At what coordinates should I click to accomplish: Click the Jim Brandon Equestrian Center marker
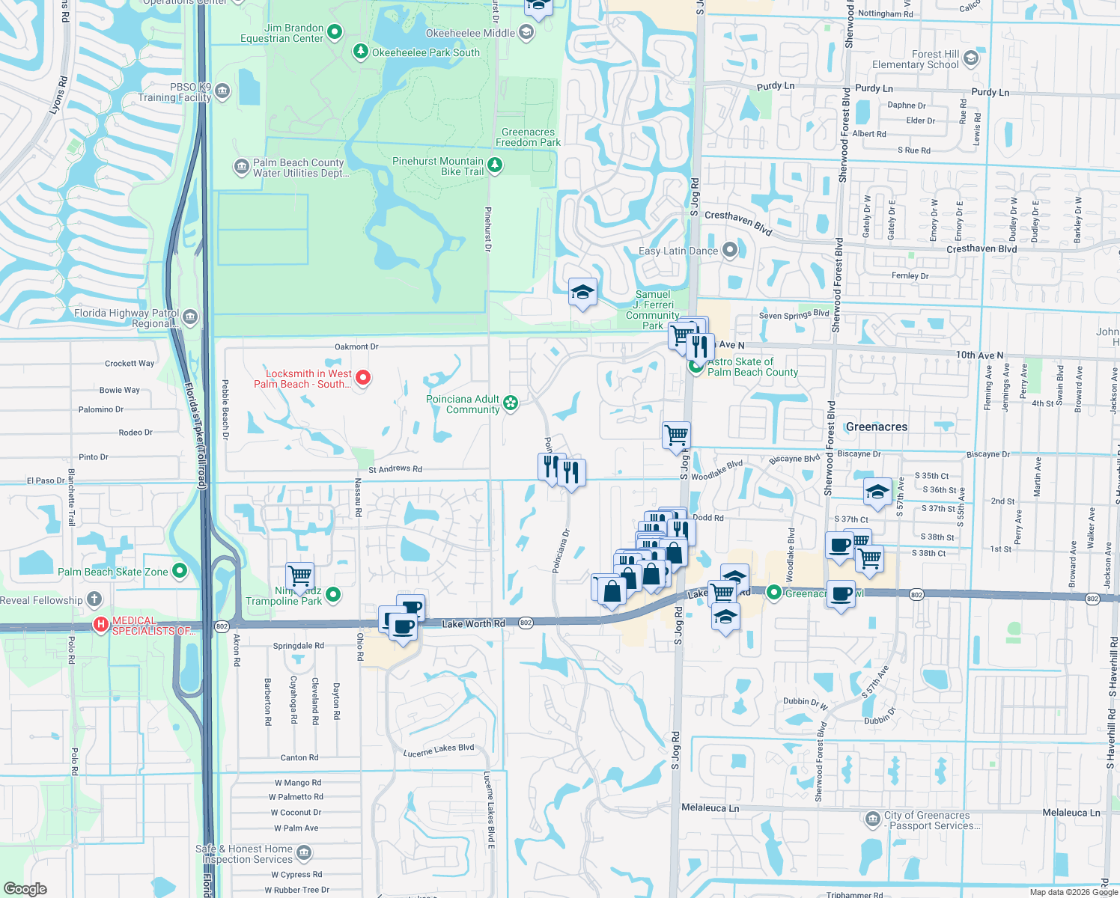click(x=335, y=32)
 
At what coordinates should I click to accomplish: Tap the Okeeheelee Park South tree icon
click(x=361, y=52)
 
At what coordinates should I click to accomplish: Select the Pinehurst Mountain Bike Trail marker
click(x=494, y=165)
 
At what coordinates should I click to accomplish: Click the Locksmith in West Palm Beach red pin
click(x=363, y=377)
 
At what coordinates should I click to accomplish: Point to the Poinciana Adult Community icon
click(x=511, y=403)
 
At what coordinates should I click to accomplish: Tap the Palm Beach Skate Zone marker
click(x=180, y=571)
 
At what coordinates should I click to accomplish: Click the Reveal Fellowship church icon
click(x=94, y=599)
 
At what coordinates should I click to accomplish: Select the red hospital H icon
click(x=100, y=623)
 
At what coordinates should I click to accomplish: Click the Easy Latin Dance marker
click(x=730, y=250)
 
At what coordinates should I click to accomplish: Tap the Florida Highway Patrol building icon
click(x=190, y=317)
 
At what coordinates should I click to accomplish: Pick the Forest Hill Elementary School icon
click(x=971, y=58)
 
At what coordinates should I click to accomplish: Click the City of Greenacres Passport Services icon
click(x=872, y=819)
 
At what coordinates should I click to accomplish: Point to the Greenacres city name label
click(x=876, y=427)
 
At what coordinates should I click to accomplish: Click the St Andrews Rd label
click(x=395, y=469)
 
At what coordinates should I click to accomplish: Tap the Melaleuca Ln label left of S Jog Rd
click(x=710, y=808)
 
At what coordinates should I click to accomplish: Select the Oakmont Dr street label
click(x=356, y=346)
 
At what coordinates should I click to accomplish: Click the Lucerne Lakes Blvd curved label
click(x=439, y=751)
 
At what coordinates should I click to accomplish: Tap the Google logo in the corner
click(x=25, y=889)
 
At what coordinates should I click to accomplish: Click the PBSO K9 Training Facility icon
click(x=222, y=92)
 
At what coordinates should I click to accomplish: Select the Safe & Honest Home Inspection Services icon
click(x=304, y=853)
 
